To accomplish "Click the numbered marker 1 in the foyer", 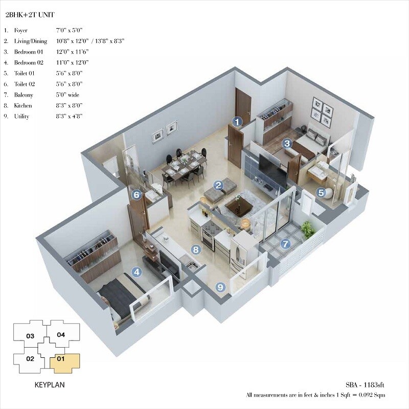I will (237, 122).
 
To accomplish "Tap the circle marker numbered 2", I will (218, 186).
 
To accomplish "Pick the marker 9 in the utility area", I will (220, 287).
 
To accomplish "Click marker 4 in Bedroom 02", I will (136, 272).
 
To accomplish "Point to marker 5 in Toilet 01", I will (321, 193).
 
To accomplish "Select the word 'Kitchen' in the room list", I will (23, 106).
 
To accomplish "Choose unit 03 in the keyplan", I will (30, 336).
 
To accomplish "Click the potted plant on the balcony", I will (308, 230).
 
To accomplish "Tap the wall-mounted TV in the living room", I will (272, 170).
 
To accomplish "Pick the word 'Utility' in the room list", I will (22, 117).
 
